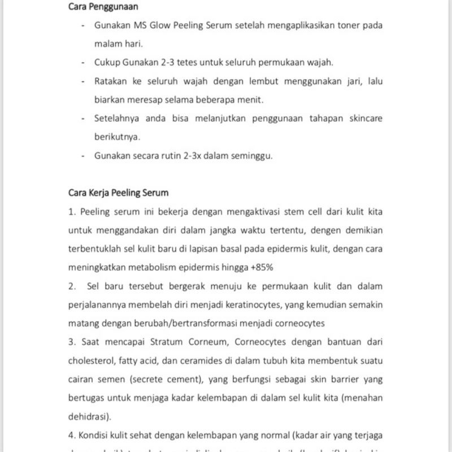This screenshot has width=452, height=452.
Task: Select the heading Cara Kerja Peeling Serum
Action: coord(118,193)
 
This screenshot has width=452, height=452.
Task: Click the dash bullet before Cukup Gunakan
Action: coord(84,63)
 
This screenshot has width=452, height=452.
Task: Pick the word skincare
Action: coord(363,119)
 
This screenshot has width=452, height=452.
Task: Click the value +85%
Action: coord(262,267)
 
